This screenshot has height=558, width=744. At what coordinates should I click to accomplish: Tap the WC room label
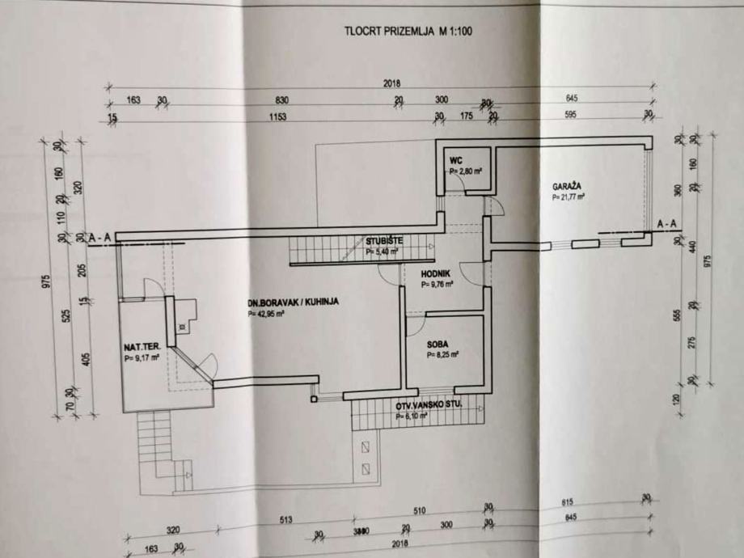[457, 159]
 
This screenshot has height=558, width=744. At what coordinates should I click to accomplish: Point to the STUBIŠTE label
[382, 240]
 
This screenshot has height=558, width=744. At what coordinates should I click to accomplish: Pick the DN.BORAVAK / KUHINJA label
[294, 301]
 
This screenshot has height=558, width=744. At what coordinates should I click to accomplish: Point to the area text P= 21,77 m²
[569, 197]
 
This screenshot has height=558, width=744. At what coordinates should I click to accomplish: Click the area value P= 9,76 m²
[437, 285]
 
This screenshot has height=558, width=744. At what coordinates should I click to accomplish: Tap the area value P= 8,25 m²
[443, 354]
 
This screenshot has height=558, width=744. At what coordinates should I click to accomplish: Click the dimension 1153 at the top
[278, 116]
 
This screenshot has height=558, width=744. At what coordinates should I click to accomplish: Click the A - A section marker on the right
[667, 223]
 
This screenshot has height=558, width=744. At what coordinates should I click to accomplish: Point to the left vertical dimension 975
[46, 281]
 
